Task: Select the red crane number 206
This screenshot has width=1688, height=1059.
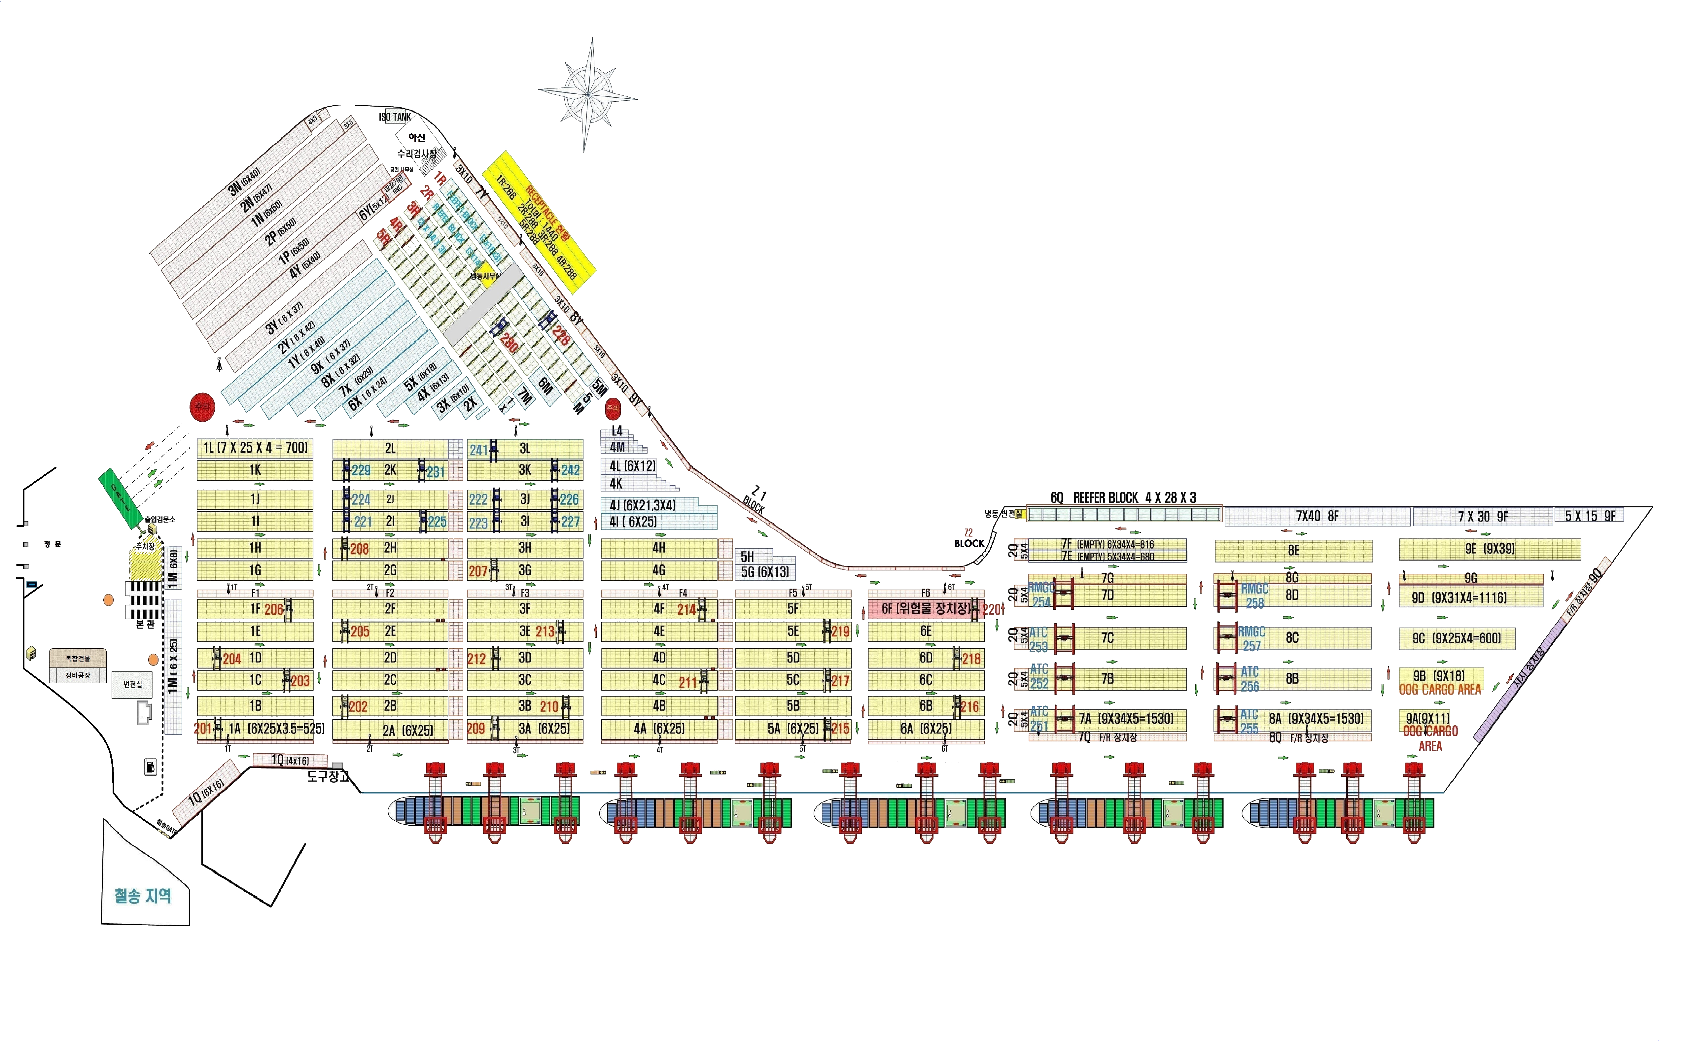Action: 273,609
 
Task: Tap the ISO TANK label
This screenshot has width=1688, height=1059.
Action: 395,117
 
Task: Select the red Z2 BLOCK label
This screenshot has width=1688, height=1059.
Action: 969,539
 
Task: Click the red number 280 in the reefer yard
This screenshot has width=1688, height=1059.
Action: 509,343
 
